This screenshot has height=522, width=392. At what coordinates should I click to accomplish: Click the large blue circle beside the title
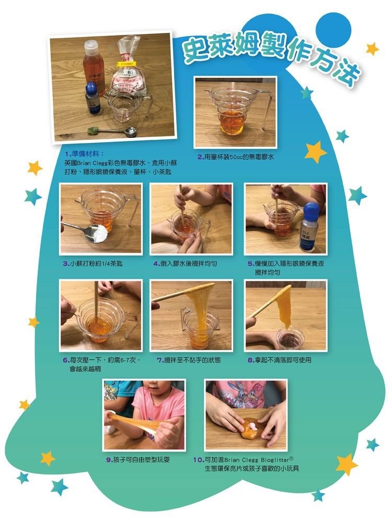pyautogui.click(x=333, y=27)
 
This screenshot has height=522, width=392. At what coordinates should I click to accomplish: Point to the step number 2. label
pyautogui.click(x=201, y=157)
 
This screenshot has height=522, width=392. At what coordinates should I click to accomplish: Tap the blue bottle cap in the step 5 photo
pyautogui.click(x=310, y=209)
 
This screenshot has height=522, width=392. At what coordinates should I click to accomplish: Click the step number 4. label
pyautogui.click(x=157, y=264)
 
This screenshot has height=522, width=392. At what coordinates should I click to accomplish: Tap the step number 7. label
pyautogui.click(x=160, y=360)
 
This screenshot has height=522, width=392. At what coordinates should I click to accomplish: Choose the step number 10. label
pyautogui.click(x=199, y=460)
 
